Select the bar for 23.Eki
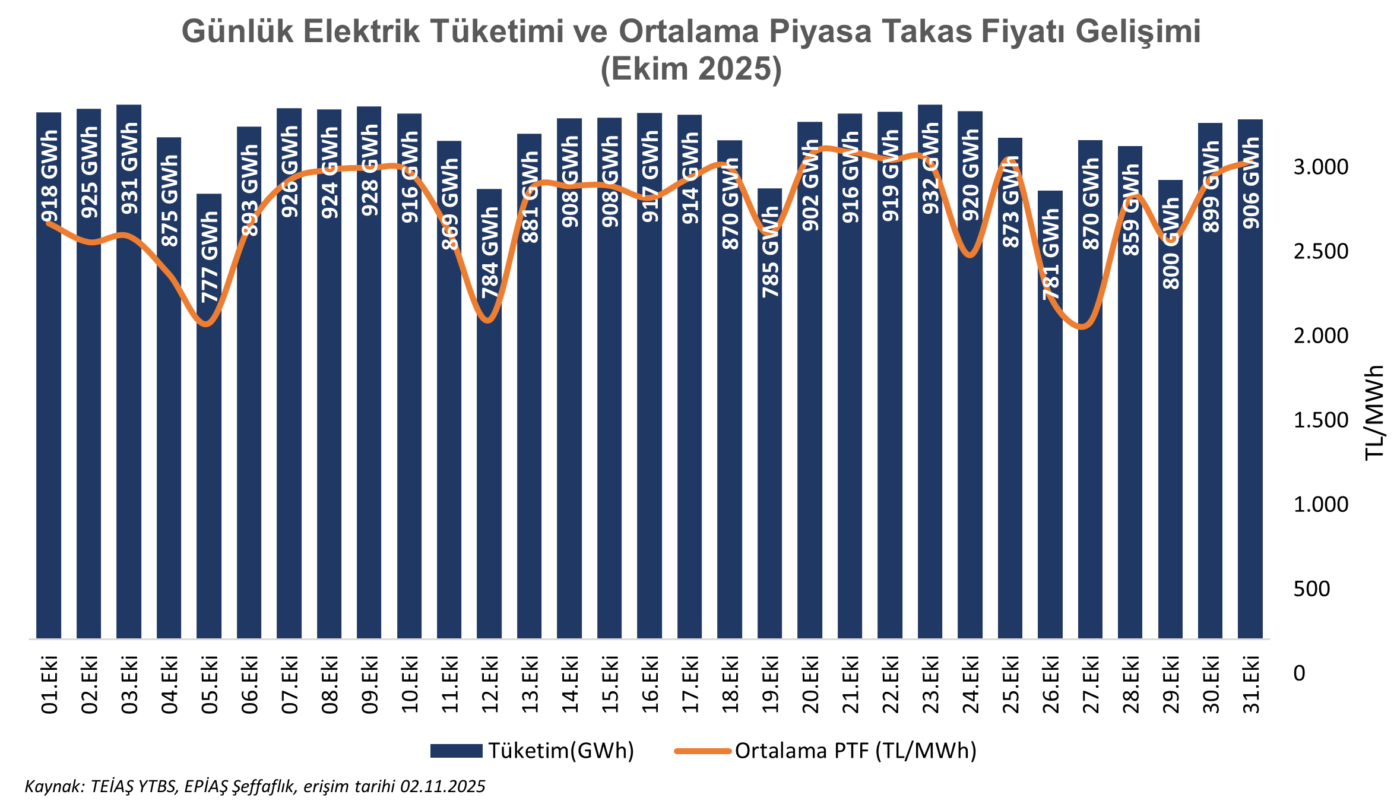pos(930,416)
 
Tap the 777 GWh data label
pos(210,257)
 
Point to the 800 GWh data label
pos(1171,243)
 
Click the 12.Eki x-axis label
pos(490,683)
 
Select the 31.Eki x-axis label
pos(1251,683)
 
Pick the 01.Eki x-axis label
pos(49,683)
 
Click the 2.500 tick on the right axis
pos(1320,251)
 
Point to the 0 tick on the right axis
pos(1299,673)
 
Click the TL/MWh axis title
pos(1374,413)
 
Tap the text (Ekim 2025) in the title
pos(691,69)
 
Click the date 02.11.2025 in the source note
pos(442,786)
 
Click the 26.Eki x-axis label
pos(1050,683)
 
